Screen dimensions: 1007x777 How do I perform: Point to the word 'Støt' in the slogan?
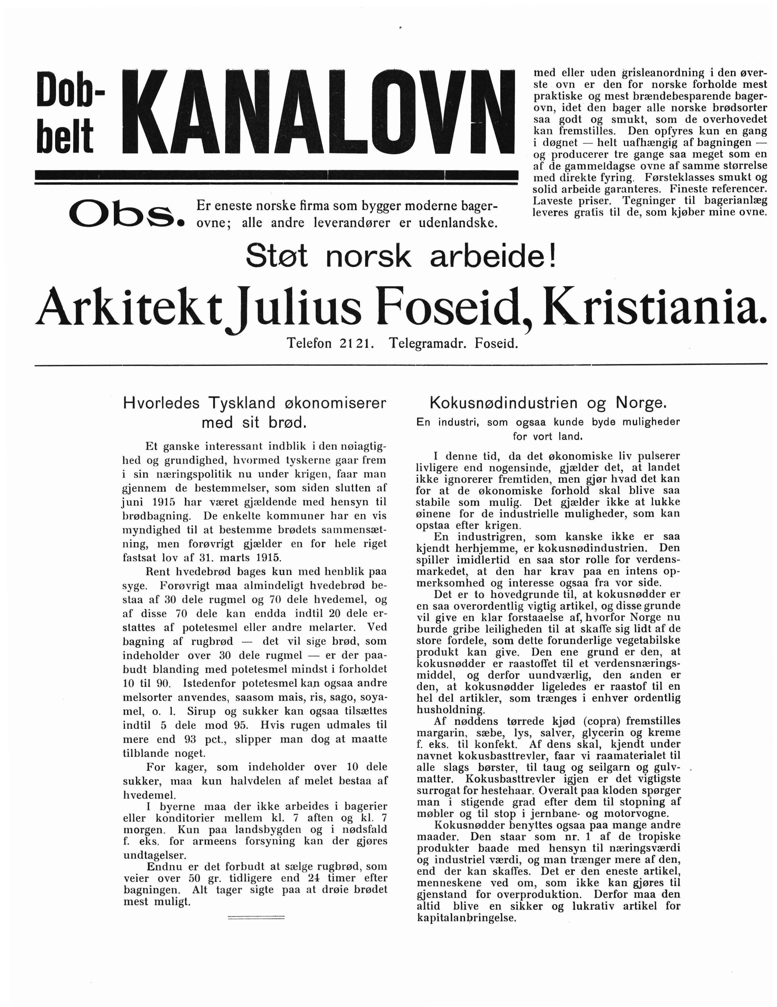pos(276,256)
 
